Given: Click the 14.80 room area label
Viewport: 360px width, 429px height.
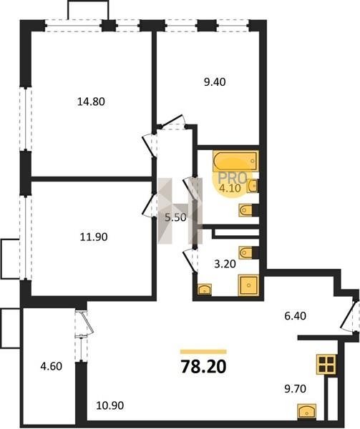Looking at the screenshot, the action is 91,102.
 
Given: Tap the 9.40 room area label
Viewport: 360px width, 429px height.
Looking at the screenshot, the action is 215,82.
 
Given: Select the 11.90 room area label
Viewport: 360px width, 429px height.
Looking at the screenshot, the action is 94,237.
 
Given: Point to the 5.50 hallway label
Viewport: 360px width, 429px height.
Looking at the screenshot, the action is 175,217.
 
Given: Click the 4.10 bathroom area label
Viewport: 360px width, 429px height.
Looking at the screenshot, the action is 230,188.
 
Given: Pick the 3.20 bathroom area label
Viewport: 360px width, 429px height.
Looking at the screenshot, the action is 225,264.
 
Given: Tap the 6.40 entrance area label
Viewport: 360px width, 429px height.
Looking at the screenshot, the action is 295,316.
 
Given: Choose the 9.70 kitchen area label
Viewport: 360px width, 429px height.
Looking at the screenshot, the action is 295,388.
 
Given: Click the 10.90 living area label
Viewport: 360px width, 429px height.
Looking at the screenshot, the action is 110,405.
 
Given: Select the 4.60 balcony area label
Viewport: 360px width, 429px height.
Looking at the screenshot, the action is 52,366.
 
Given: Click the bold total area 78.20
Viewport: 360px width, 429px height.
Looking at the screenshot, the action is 204,367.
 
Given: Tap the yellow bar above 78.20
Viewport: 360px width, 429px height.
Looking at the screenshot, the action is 203,352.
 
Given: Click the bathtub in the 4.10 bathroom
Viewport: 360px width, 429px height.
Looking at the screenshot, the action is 235,161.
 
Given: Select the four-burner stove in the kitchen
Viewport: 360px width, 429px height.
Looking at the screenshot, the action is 327,364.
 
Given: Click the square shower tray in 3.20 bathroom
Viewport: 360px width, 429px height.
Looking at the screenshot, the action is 248,285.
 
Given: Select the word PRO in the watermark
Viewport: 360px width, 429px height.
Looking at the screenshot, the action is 232,178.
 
